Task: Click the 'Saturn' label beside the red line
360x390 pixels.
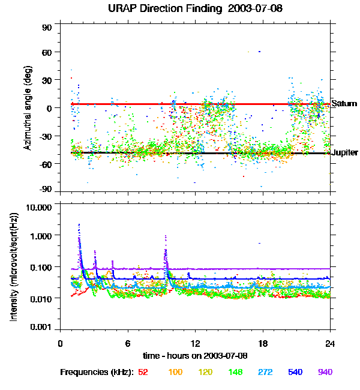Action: tap(344, 104)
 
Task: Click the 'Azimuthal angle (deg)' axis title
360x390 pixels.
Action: tap(27, 109)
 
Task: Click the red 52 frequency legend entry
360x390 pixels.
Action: tap(143, 372)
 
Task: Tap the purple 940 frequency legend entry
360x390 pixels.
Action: tap(324, 372)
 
